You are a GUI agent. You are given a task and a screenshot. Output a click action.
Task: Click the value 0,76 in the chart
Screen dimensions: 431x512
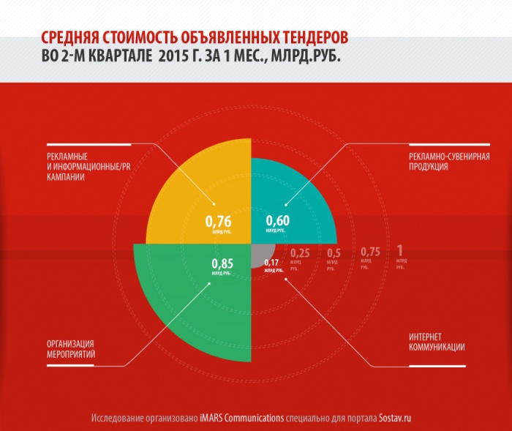point(218,221)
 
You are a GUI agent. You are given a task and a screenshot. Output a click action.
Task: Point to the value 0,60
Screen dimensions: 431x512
point(277,221)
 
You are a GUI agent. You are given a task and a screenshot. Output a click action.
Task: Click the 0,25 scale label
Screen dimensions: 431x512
point(300,254)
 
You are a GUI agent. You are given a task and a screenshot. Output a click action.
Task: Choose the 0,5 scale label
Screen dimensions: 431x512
point(334,254)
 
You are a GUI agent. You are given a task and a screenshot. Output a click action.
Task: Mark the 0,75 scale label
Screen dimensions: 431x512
point(371,252)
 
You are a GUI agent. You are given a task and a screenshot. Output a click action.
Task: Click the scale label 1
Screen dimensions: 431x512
point(399,251)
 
